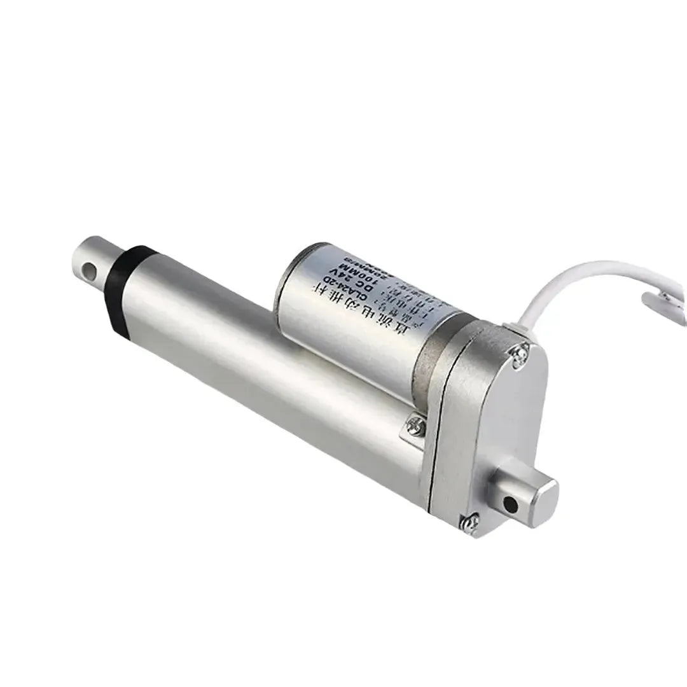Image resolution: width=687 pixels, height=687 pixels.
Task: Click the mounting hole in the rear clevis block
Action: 509,504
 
